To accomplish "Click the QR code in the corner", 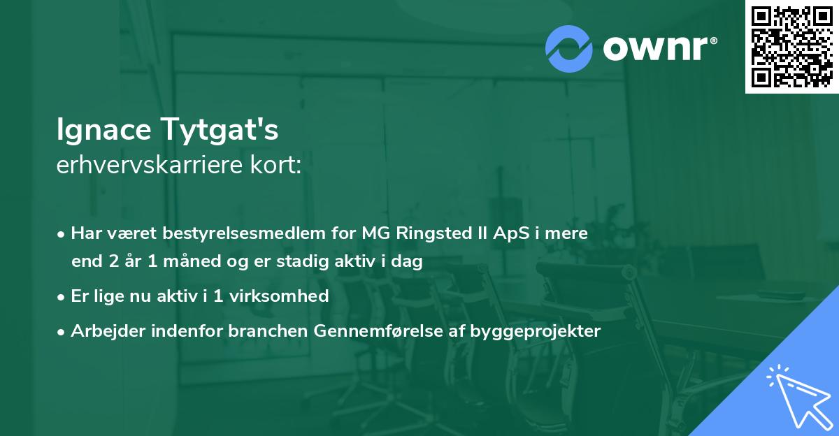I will tap(791, 47).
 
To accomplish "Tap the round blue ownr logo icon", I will tap(569, 49).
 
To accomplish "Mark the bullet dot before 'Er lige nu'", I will tap(62, 297).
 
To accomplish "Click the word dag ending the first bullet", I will tap(409, 262).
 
